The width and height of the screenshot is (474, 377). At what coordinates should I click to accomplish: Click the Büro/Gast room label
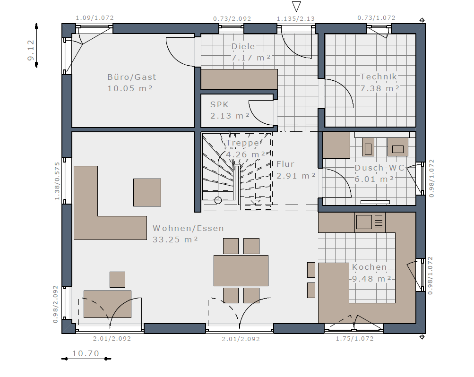132,77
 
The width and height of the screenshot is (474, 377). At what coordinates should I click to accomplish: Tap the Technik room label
378,77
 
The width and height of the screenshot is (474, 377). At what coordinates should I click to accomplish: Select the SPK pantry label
219,104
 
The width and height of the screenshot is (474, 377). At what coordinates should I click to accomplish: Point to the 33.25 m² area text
175,240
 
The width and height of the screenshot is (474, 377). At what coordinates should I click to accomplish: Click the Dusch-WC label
379,168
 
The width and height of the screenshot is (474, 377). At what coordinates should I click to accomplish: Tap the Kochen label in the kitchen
370,267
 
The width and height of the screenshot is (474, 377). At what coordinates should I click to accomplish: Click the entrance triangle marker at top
296,6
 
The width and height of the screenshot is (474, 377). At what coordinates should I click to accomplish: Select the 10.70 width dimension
86,353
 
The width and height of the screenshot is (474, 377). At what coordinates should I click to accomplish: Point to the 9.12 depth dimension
31,50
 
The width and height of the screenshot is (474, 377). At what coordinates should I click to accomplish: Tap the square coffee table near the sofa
147,192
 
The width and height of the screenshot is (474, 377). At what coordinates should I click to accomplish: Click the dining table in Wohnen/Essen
241,270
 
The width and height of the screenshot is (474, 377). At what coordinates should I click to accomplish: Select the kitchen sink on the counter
364,222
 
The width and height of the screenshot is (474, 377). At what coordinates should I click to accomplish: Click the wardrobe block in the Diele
240,79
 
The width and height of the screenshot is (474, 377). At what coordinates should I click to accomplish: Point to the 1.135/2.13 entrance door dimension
296,19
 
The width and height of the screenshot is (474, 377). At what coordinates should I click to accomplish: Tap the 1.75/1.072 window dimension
354,339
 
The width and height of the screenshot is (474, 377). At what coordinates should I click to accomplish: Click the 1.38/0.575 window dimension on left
57,181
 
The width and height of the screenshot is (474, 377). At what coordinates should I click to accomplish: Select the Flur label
285,164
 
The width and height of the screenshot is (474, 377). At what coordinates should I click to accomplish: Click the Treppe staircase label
243,143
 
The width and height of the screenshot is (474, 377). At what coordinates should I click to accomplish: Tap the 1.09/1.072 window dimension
95,18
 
